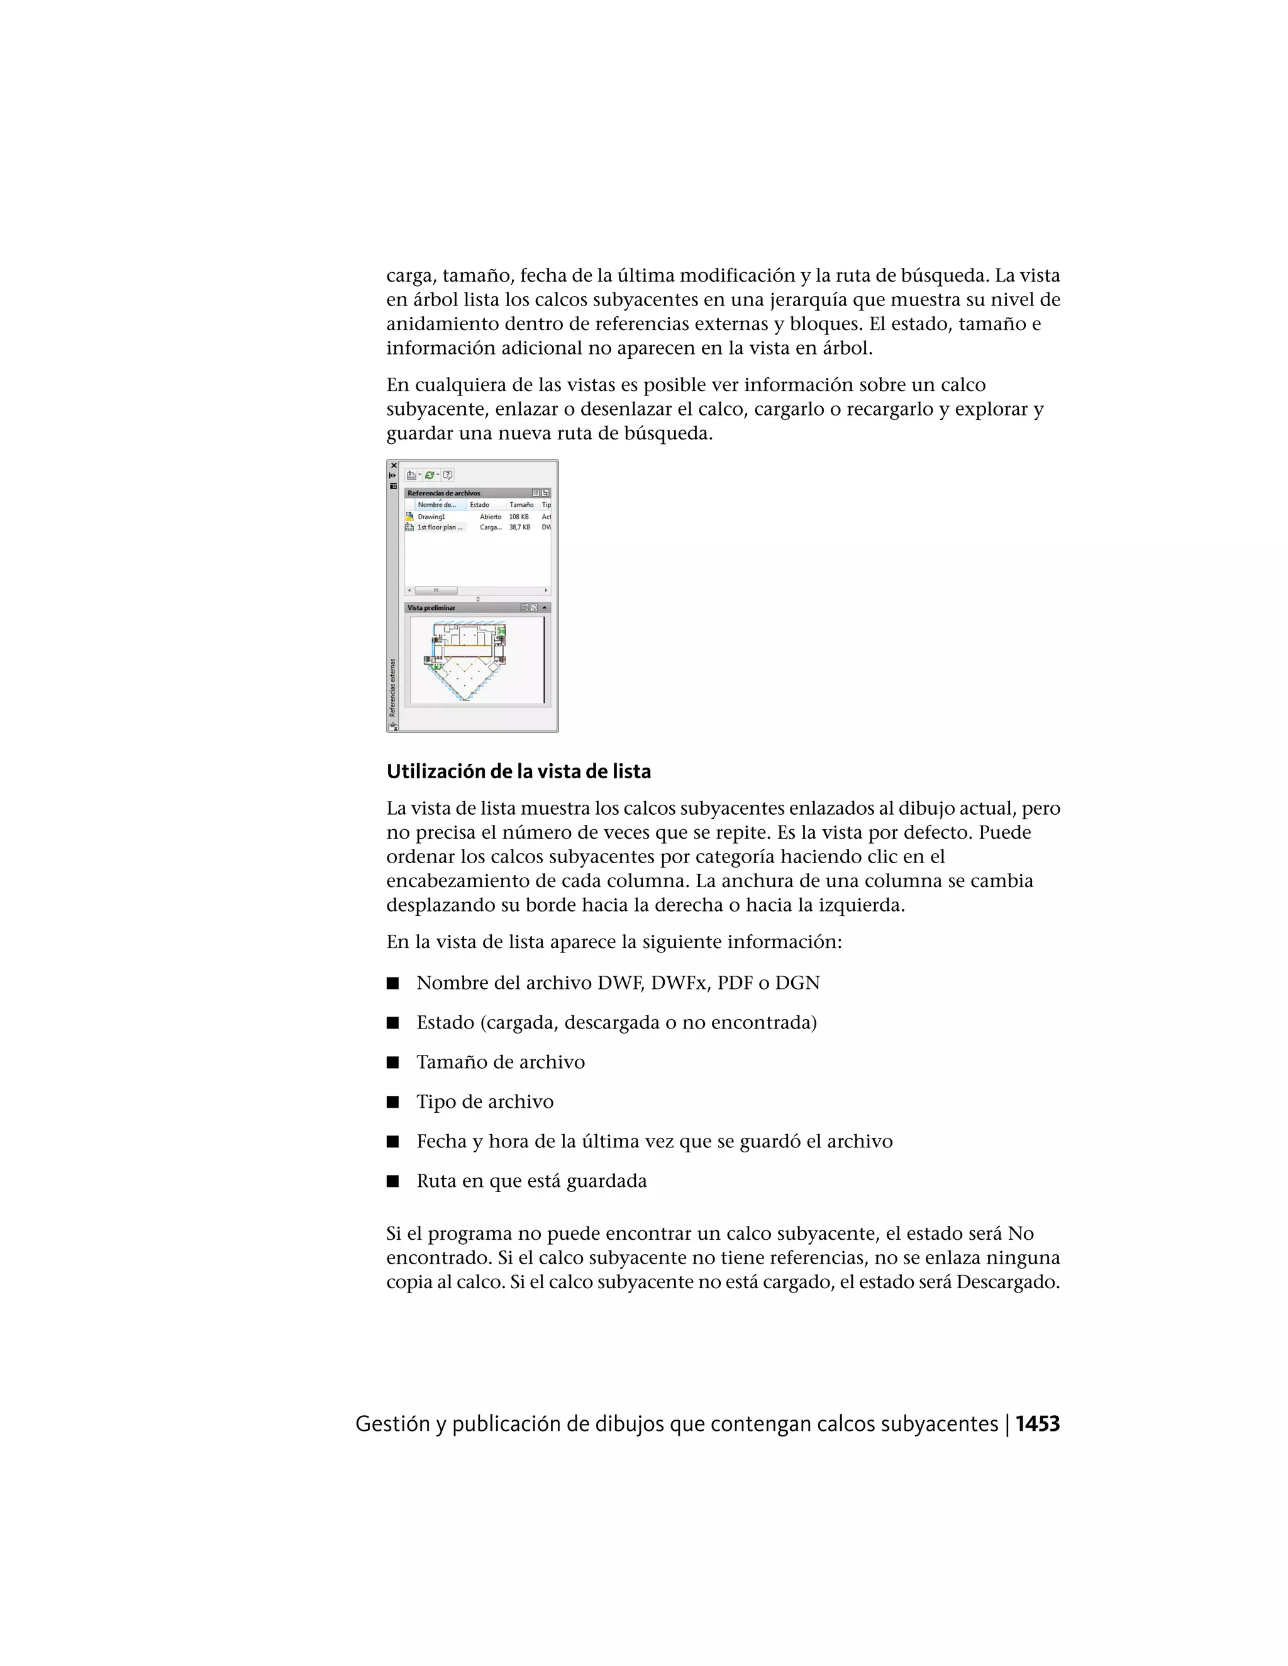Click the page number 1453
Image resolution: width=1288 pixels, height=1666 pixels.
(1037, 1423)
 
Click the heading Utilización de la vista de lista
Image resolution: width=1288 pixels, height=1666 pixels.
(518, 771)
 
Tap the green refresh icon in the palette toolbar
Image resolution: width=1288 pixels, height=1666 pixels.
(430, 475)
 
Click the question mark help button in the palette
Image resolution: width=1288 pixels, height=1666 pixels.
(448, 475)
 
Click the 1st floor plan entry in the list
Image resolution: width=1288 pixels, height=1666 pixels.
(439, 527)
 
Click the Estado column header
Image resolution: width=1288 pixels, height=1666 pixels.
(479, 505)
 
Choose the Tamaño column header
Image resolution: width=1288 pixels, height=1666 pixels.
(521, 505)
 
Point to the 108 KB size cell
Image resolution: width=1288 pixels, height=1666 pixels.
(519, 516)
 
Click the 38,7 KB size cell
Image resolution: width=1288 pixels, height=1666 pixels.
(519, 527)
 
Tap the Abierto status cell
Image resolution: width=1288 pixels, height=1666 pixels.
(490, 516)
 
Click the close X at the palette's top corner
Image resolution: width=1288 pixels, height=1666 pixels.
(394, 465)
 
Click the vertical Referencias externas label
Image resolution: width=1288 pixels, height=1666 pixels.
(393, 687)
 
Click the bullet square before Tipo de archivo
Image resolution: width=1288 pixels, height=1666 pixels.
(392, 1101)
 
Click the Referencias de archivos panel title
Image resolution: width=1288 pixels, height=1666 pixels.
(443, 494)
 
